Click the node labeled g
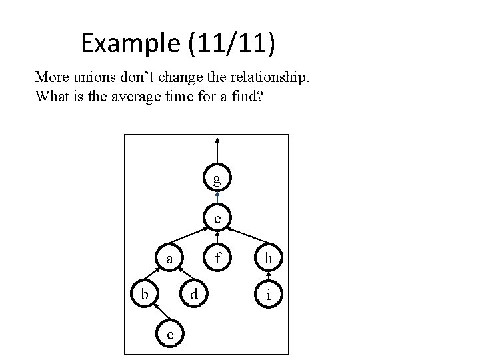[x=217, y=179]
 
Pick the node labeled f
[x=217, y=258]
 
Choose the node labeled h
[x=267, y=258]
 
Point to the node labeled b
[x=141, y=294]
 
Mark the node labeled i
[x=267, y=294]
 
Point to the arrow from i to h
[x=267, y=276]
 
